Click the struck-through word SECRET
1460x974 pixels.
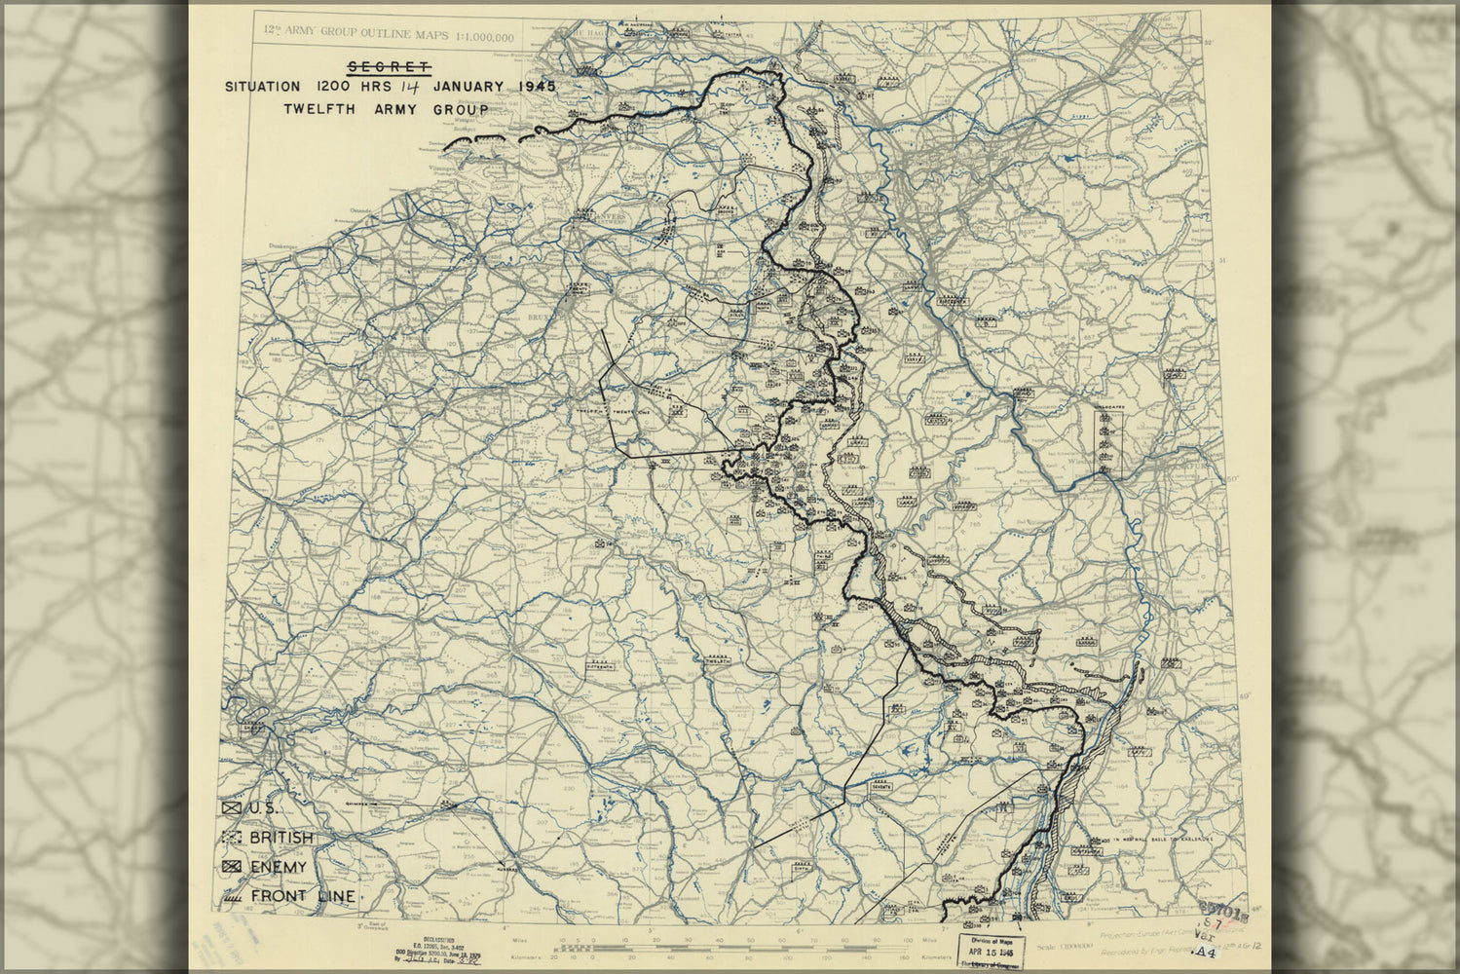pyautogui.click(x=389, y=67)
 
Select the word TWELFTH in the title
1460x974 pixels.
pyautogui.click(x=319, y=109)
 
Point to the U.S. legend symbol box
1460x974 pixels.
pyautogui.click(x=232, y=808)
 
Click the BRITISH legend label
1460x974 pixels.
pyautogui.click(x=281, y=838)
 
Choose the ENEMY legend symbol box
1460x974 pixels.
pyautogui.click(x=232, y=867)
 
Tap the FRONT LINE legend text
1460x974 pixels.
pyautogui.click(x=302, y=896)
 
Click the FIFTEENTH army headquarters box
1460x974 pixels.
pyautogui.click(x=601, y=667)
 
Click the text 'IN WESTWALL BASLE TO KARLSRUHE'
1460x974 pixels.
pyautogui.click(x=1159, y=839)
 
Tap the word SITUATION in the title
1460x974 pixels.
pyautogui.click(x=262, y=87)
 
